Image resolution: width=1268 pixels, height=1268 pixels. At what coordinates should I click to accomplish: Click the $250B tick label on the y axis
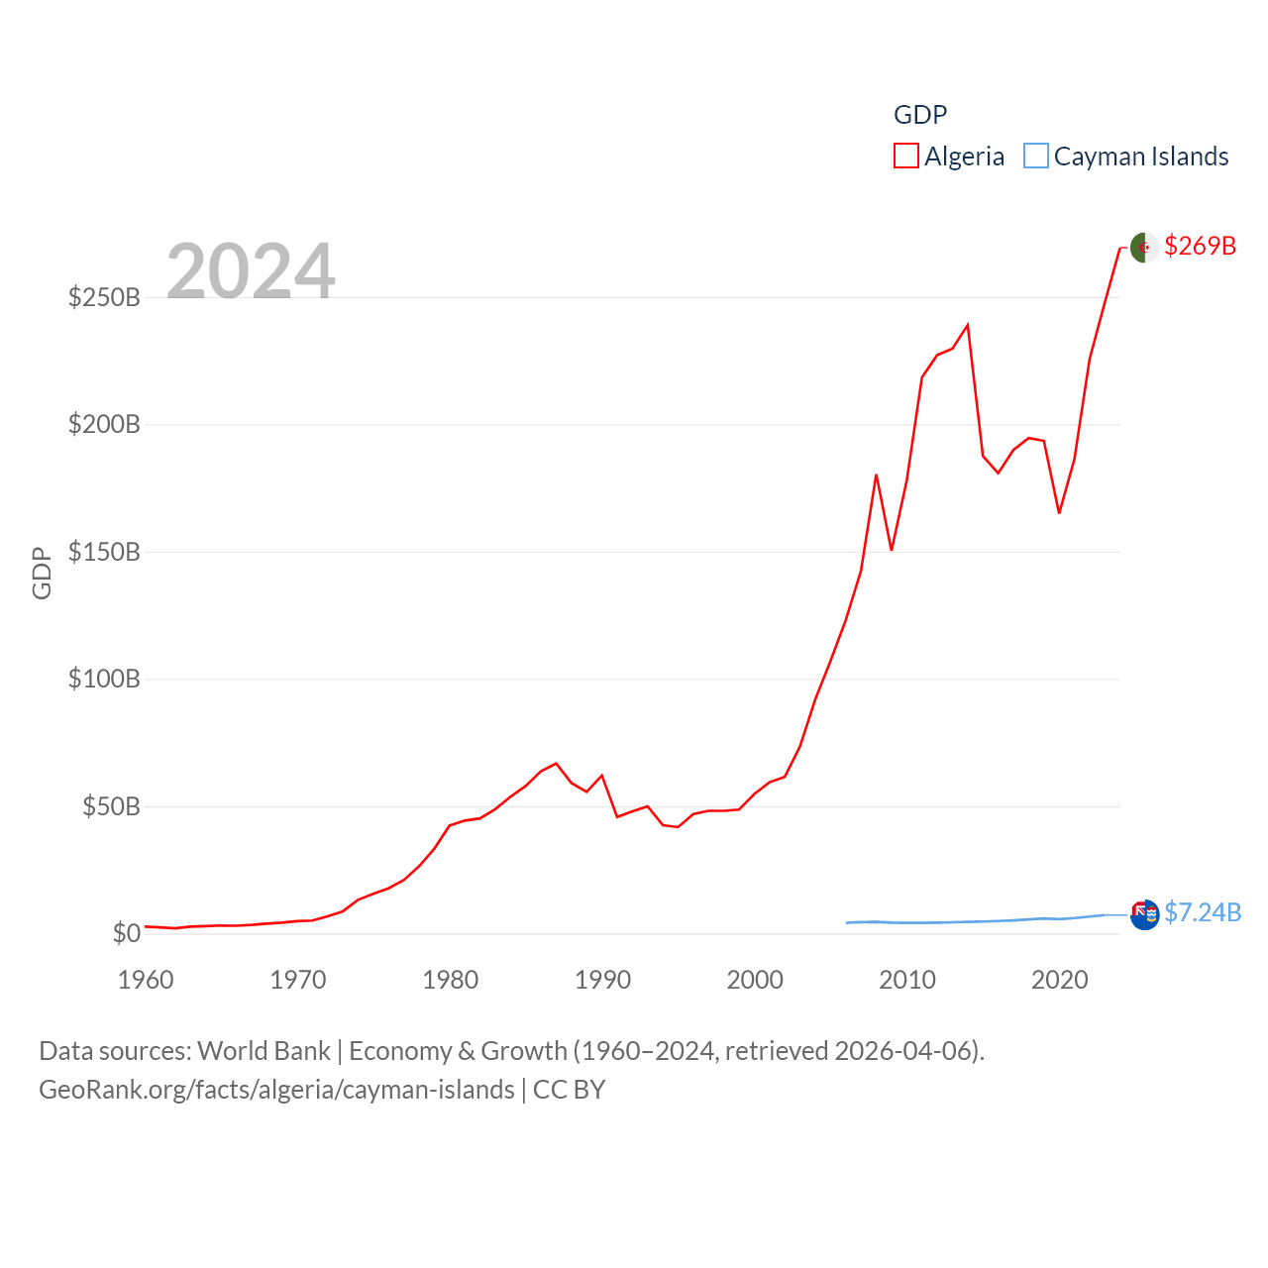click(104, 297)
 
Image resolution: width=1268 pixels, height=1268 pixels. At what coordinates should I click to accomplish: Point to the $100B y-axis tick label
click(104, 680)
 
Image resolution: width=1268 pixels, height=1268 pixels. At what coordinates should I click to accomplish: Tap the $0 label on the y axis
click(127, 933)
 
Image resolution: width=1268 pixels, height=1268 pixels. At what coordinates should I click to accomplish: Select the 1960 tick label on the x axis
click(146, 980)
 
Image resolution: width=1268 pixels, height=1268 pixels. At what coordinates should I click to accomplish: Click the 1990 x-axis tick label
click(602, 980)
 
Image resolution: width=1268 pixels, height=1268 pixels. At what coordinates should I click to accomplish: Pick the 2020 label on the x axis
click(1059, 980)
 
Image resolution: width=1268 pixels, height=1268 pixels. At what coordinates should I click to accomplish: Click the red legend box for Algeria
click(906, 157)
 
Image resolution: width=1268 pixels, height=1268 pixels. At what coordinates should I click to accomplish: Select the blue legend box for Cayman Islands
click(1036, 157)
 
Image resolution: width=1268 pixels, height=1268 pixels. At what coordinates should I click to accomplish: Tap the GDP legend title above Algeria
click(920, 115)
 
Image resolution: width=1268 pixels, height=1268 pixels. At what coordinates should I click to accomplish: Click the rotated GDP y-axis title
click(42, 573)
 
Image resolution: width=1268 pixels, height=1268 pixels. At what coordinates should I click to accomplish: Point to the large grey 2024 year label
click(251, 270)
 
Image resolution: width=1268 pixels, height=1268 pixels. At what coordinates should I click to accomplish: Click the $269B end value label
click(1200, 246)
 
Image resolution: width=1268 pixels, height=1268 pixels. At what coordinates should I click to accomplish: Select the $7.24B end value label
click(1202, 912)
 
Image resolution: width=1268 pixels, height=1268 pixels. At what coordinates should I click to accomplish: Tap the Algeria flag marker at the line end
click(1144, 248)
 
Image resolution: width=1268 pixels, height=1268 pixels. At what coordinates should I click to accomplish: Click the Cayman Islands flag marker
click(1144, 914)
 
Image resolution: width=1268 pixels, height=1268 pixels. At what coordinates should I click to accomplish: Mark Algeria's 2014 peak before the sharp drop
click(968, 325)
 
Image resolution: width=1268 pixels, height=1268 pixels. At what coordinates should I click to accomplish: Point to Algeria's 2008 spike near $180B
click(877, 475)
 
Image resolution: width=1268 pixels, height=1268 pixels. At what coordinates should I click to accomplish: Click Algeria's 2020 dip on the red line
click(1059, 512)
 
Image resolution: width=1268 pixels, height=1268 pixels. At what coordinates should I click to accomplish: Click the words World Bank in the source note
click(264, 1050)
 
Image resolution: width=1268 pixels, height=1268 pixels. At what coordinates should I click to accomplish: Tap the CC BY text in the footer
click(569, 1090)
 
